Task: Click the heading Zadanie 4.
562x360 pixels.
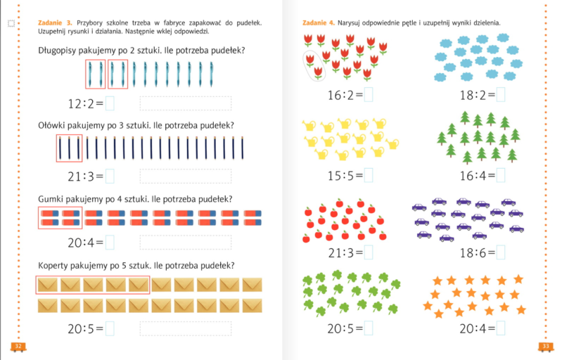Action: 319,23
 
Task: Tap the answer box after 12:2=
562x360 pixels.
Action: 110,104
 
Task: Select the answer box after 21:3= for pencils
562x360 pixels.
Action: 110,176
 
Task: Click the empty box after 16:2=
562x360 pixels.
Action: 368,94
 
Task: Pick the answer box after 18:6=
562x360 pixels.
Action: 501,252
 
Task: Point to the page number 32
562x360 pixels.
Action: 18,346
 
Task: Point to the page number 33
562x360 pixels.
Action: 546,346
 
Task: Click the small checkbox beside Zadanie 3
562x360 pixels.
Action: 11,24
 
